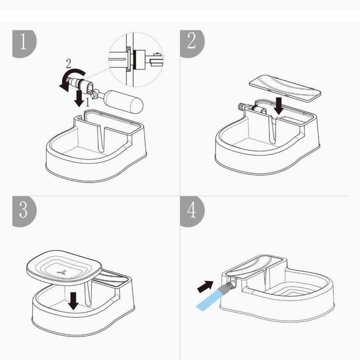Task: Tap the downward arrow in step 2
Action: pyautogui.click(x=279, y=104)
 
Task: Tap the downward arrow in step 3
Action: pyautogui.click(x=74, y=300)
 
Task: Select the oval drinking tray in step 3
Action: pyautogui.click(x=63, y=268)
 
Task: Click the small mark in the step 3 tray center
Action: pyautogui.click(x=63, y=271)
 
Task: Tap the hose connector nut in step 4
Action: pyautogui.click(x=230, y=285)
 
